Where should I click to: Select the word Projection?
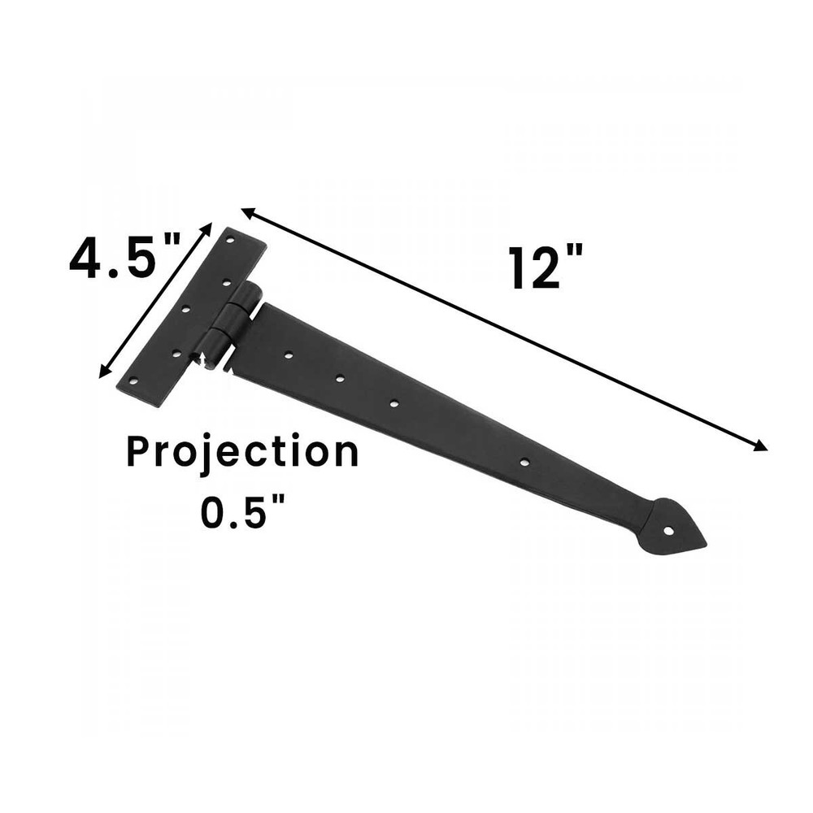pos(242,452)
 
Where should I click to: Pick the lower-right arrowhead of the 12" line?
pos(762,446)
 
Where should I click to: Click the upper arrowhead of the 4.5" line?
pos(208,228)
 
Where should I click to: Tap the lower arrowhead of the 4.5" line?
pos(103,373)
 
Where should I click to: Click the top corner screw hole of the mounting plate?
pos(231,241)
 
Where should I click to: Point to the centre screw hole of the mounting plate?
pos(185,309)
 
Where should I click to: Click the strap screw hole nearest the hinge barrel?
pos(289,355)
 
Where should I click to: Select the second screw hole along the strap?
pos(340,379)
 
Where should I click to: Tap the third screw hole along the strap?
pos(394,403)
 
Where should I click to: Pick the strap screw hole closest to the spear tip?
pos(524,463)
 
